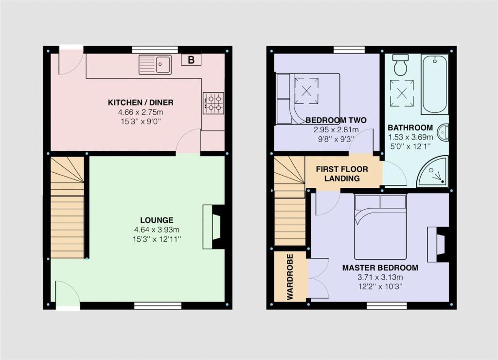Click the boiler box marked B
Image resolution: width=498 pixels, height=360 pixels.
191,60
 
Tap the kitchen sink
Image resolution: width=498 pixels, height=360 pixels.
155,65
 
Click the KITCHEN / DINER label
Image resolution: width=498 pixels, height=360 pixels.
141,103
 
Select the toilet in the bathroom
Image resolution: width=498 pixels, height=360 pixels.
400,65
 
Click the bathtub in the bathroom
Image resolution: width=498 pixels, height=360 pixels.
435,84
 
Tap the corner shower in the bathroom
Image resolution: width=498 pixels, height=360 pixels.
432,171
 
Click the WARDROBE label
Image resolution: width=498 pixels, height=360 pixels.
290,277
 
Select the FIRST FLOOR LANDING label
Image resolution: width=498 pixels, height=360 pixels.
342,174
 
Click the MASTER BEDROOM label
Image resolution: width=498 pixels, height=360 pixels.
380,268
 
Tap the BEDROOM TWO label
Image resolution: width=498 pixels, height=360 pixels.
336,120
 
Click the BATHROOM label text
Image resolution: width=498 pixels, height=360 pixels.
410,128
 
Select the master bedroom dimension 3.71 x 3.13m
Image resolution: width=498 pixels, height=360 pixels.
380,277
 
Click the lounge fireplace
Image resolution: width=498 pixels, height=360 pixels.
213,227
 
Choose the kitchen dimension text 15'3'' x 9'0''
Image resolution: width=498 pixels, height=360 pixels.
141,122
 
